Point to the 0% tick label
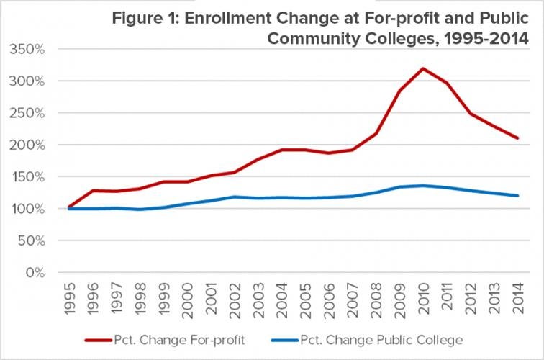click(x=35, y=273)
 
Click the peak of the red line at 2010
click(x=422, y=68)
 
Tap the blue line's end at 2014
click(x=516, y=196)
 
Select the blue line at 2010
click(x=422, y=186)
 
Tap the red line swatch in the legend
click(x=101, y=339)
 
